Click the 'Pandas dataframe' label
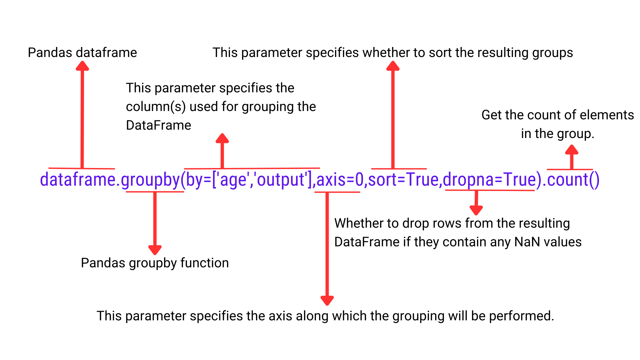[x=82, y=53]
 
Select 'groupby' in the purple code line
[x=150, y=180]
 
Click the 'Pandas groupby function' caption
[x=155, y=263]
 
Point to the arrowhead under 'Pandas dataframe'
[x=82, y=66]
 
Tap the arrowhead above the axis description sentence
[x=327, y=301]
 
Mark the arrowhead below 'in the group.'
[x=572, y=149]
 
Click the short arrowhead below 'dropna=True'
[x=476, y=210]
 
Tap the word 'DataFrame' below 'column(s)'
[x=159, y=125]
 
